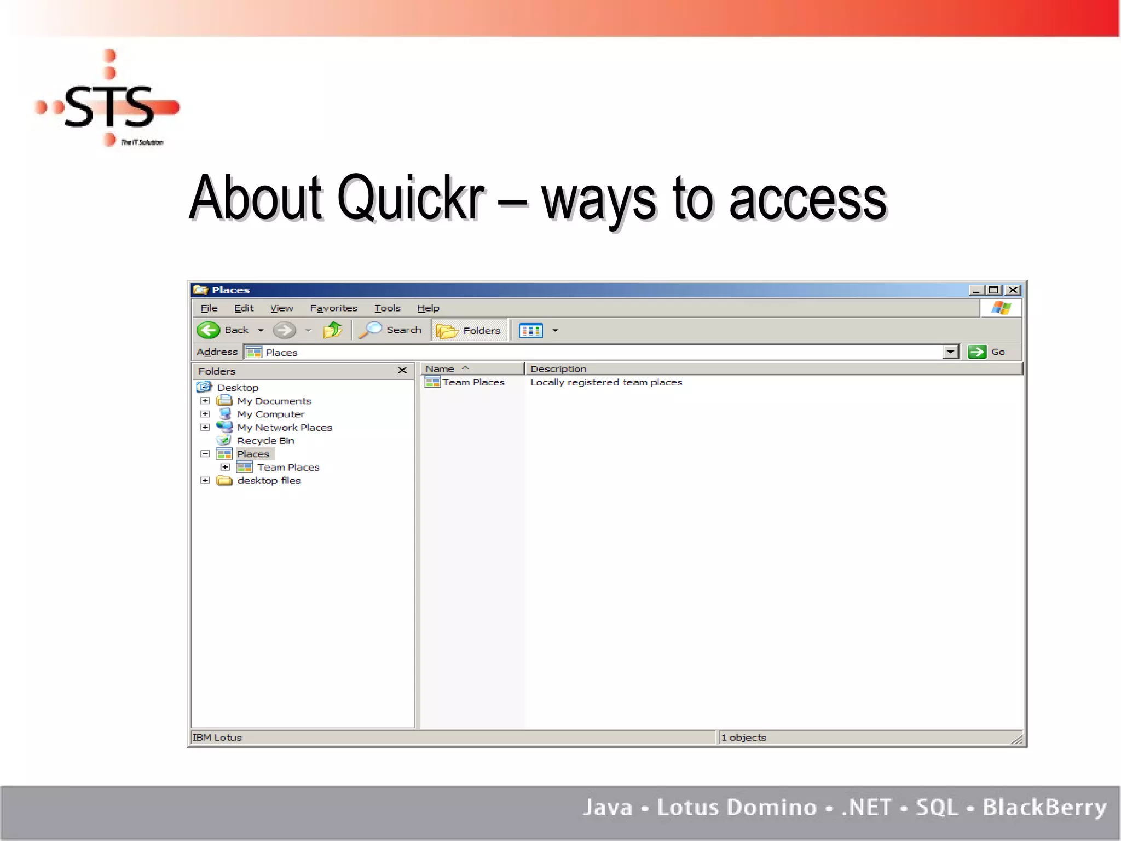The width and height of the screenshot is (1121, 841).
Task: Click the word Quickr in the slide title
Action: coord(411,198)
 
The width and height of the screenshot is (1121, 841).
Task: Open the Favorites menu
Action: coord(333,308)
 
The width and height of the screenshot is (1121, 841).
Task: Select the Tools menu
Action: coord(387,308)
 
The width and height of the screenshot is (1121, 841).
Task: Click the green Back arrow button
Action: coord(209,330)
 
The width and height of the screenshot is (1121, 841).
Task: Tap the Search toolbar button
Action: coord(391,330)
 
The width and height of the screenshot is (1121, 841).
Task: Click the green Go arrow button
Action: coord(976,352)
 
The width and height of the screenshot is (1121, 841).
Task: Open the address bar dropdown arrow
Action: coord(951,352)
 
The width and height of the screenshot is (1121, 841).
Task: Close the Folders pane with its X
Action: coord(402,371)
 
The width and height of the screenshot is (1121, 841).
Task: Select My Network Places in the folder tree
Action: coord(284,428)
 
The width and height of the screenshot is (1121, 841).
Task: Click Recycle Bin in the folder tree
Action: coord(265,441)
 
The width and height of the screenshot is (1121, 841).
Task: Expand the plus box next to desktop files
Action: coord(205,481)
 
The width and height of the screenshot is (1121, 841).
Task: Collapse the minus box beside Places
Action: coord(205,454)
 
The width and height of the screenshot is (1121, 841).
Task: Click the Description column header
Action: coord(558,369)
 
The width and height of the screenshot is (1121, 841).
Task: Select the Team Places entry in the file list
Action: coord(473,382)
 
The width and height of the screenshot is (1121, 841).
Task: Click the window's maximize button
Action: coord(994,290)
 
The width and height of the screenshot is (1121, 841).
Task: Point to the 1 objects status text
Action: coord(744,738)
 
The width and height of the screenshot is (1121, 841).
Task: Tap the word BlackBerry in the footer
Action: coord(1044,808)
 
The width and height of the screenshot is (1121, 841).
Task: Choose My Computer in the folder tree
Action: coord(270,414)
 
